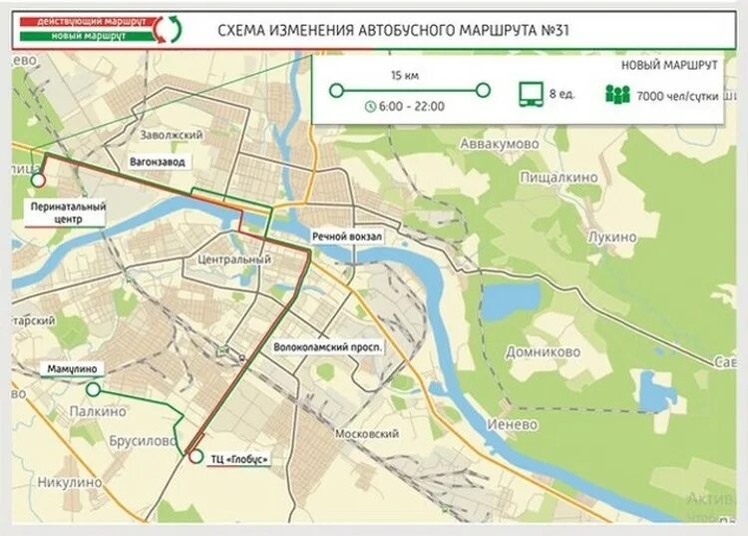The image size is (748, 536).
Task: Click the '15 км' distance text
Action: click(403, 76)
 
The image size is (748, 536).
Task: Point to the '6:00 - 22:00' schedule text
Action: click(411, 106)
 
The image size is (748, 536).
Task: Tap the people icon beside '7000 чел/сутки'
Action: click(617, 94)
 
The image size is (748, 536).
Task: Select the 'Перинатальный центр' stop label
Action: click(66, 212)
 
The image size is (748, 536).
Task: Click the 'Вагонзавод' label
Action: click(158, 161)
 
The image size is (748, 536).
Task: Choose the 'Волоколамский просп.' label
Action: click(327, 345)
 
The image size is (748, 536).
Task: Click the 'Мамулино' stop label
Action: click(70, 368)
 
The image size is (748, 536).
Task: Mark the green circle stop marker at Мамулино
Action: click(93, 390)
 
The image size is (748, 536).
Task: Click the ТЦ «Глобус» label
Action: click(239, 459)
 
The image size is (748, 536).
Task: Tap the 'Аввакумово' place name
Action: click(498, 145)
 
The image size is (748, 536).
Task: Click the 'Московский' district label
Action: click(367, 434)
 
